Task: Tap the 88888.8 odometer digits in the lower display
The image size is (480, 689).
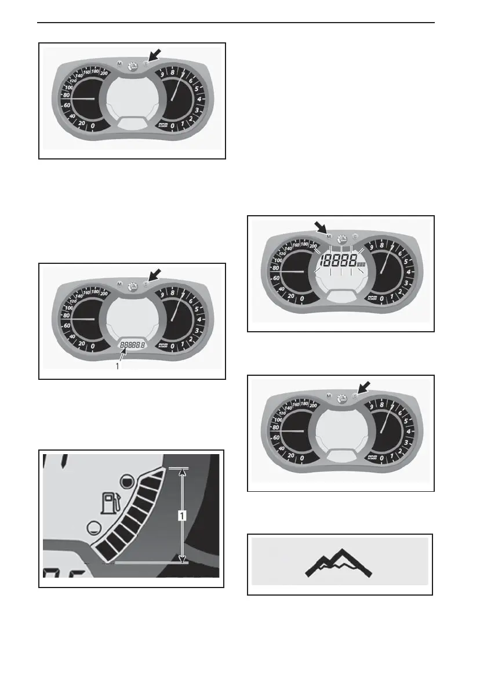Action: click(133, 345)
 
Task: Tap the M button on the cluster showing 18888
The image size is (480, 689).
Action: click(329, 237)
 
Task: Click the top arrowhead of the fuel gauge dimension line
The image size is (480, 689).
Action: click(183, 472)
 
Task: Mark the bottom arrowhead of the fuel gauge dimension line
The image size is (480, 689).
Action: click(183, 559)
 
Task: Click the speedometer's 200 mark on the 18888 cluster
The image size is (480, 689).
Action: click(314, 246)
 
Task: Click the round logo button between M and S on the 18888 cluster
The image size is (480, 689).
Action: click(341, 238)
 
